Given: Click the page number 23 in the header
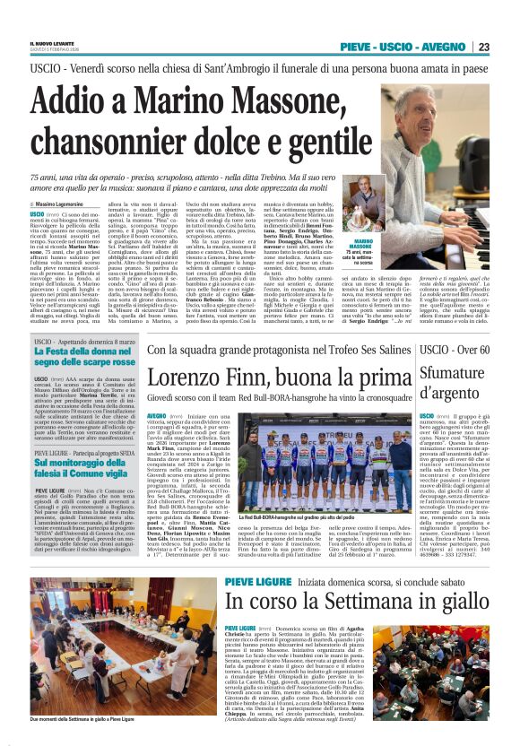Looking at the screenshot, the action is (x=483, y=48).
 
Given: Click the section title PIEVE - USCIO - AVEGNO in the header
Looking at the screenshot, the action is (x=415, y=48).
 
